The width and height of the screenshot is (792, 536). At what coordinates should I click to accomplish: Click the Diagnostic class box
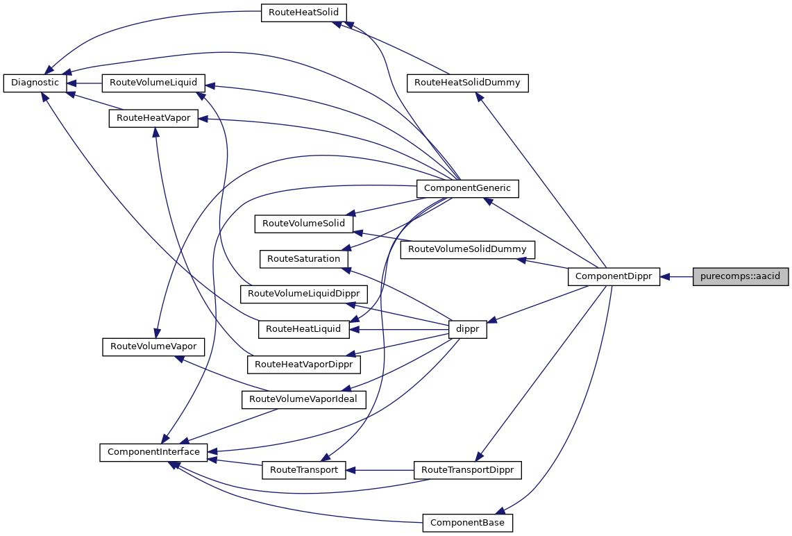click(x=35, y=83)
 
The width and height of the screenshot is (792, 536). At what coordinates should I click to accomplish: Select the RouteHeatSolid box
click(x=303, y=12)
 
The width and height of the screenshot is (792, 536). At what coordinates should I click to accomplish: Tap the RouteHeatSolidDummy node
click(x=467, y=83)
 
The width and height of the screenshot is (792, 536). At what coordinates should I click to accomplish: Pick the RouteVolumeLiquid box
click(x=153, y=83)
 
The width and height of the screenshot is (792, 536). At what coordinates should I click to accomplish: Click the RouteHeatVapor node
click(x=153, y=118)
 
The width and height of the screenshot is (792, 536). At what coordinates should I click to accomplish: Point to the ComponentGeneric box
click(x=467, y=187)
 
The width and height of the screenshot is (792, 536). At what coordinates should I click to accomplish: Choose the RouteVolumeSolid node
click(x=304, y=224)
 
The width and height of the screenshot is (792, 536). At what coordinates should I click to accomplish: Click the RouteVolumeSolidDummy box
click(x=467, y=249)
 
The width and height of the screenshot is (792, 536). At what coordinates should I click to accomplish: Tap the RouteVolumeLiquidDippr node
click(x=303, y=294)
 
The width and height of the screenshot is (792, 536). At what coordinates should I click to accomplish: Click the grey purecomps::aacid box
click(x=741, y=276)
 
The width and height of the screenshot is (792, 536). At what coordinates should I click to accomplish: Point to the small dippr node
click(x=468, y=330)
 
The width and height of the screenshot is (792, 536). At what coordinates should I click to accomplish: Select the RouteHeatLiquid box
click(x=303, y=329)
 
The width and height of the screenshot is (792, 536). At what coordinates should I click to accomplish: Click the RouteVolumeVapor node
click(x=153, y=346)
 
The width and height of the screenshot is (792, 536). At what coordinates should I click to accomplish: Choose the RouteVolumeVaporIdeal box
click(x=303, y=399)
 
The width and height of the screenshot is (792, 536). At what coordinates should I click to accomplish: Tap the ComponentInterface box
click(x=153, y=452)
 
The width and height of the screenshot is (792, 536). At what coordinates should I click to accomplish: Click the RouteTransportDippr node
click(x=467, y=470)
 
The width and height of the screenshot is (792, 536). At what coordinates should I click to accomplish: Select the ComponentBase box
click(x=467, y=522)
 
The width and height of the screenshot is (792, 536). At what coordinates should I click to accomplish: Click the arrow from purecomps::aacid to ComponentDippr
click(x=677, y=276)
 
